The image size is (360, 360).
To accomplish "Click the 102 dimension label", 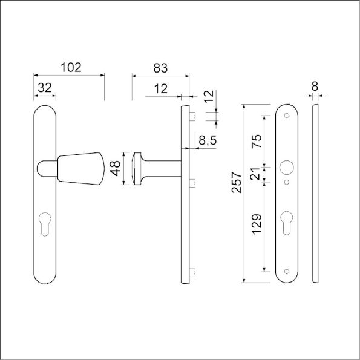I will (71, 67).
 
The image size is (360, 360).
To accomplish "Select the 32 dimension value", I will (44, 87).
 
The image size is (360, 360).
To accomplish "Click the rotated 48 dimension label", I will (115, 169).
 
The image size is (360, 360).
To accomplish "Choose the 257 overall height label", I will (237, 183).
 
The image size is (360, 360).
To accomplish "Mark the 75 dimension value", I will (257, 141).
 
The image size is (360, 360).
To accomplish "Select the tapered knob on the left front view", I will (79, 169).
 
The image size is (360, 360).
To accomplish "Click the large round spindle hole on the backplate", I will (287, 167).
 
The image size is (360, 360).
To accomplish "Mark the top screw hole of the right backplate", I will (287, 115).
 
